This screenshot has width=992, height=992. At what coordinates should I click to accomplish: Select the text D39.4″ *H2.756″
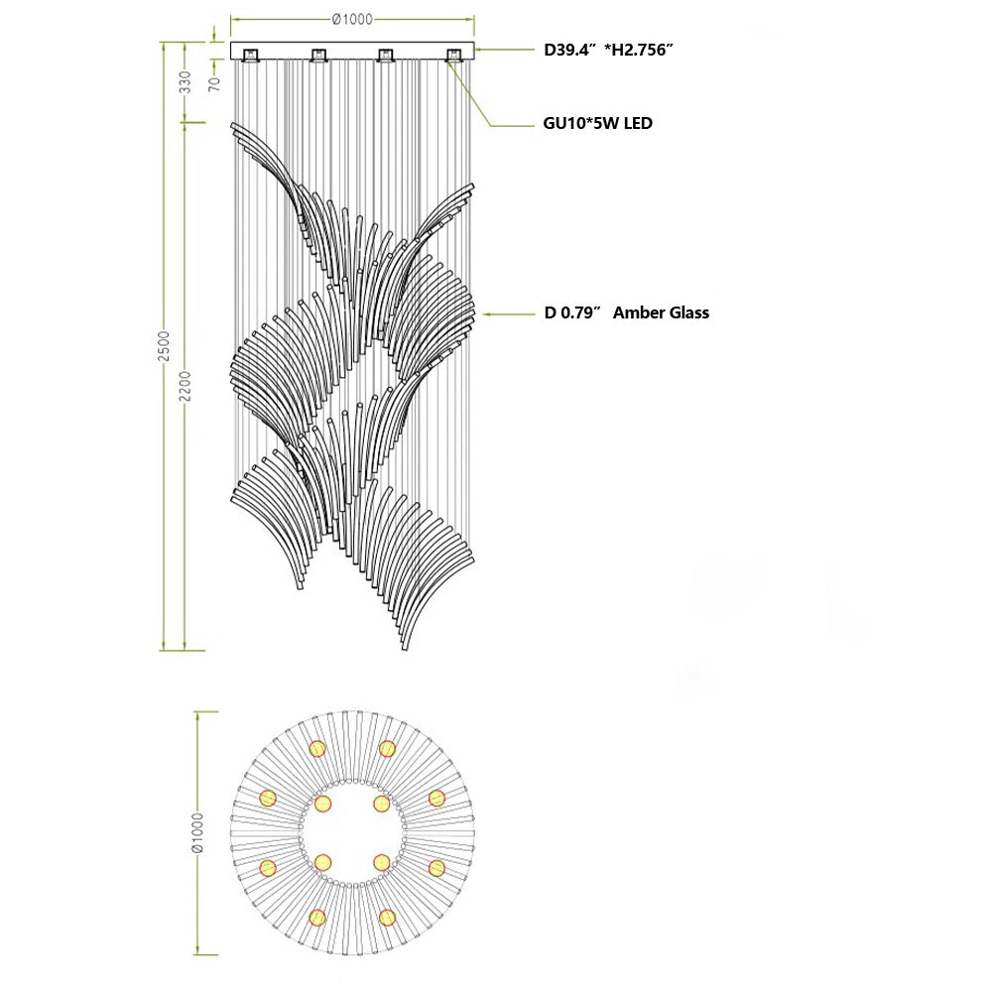[x=609, y=49]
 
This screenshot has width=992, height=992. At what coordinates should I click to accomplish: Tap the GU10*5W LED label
[x=597, y=124]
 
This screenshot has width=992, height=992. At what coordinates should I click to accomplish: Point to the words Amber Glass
[x=661, y=312]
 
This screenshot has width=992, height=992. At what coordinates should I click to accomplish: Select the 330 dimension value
[x=186, y=82]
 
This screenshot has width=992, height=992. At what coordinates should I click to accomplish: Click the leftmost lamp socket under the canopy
[x=250, y=56]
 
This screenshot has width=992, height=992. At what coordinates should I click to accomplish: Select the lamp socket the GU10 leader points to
[x=453, y=56]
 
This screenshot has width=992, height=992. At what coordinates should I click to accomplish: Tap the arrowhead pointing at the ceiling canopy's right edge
[x=479, y=49]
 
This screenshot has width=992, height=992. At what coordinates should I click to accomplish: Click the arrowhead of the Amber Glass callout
[x=484, y=313]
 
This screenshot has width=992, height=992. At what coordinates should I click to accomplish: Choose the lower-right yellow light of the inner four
[x=381, y=863]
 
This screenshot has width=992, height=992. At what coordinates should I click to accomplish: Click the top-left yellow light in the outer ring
[x=317, y=748]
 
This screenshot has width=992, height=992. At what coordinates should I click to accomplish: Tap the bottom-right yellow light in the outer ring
[x=387, y=917]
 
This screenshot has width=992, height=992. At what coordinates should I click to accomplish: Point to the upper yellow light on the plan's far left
[x=268, y=798]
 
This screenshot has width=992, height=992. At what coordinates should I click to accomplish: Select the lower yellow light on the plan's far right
[x=435, y=868]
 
